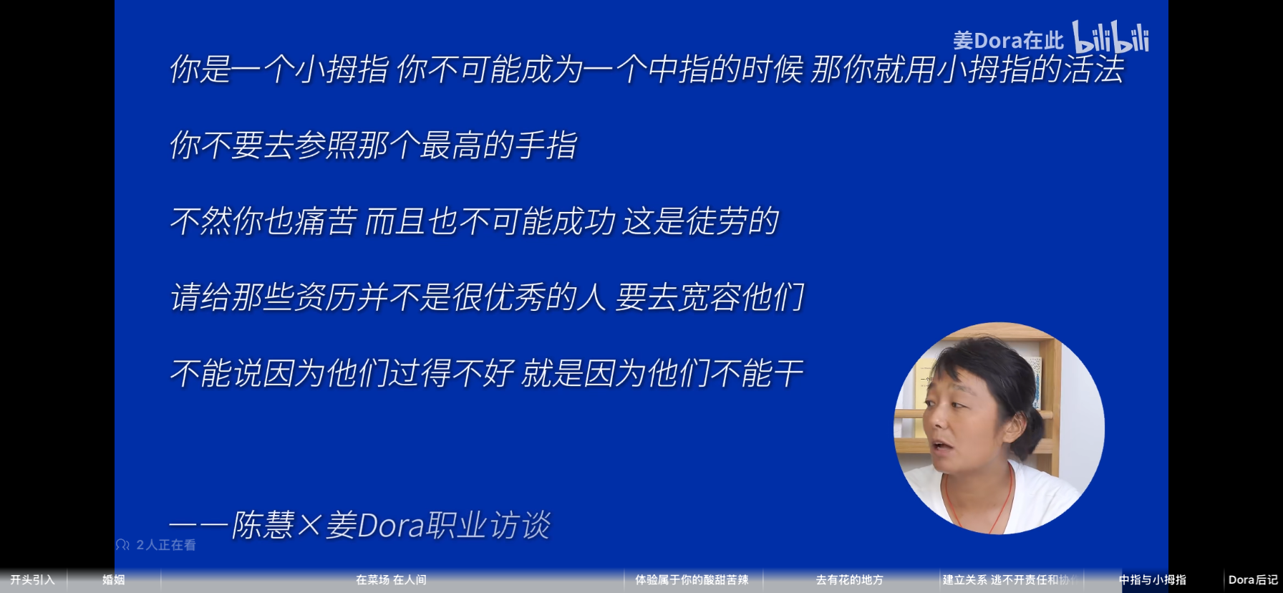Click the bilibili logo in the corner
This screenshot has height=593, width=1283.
click(1110, 37)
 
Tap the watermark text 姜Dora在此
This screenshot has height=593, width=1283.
click(1008, 41)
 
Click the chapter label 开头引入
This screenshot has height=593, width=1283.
click(32, 580)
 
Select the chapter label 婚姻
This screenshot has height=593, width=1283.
click(114, 580)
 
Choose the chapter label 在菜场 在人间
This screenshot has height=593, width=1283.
click(391, 580)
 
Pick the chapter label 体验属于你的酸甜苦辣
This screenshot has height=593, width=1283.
click(692, 580)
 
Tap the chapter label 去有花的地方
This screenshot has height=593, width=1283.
click(850, 580)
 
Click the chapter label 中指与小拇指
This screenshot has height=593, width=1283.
click(1153, 580)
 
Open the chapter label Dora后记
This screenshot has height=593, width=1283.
click(1253, 580)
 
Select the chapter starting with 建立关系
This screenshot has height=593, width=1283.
click(1010, 580)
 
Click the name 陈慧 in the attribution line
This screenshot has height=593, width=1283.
click(263, 526)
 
